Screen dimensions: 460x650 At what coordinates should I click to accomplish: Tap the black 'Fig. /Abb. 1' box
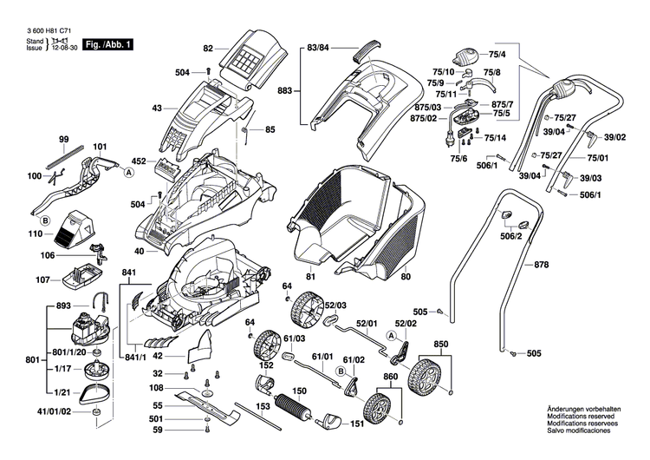click(x=109, y=43)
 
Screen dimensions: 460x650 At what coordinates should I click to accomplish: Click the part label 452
click(x=139, y=161)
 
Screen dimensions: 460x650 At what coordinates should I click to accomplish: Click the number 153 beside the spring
click(x=262, y=405)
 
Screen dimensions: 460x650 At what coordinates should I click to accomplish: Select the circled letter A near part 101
click(x=128, y=174)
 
